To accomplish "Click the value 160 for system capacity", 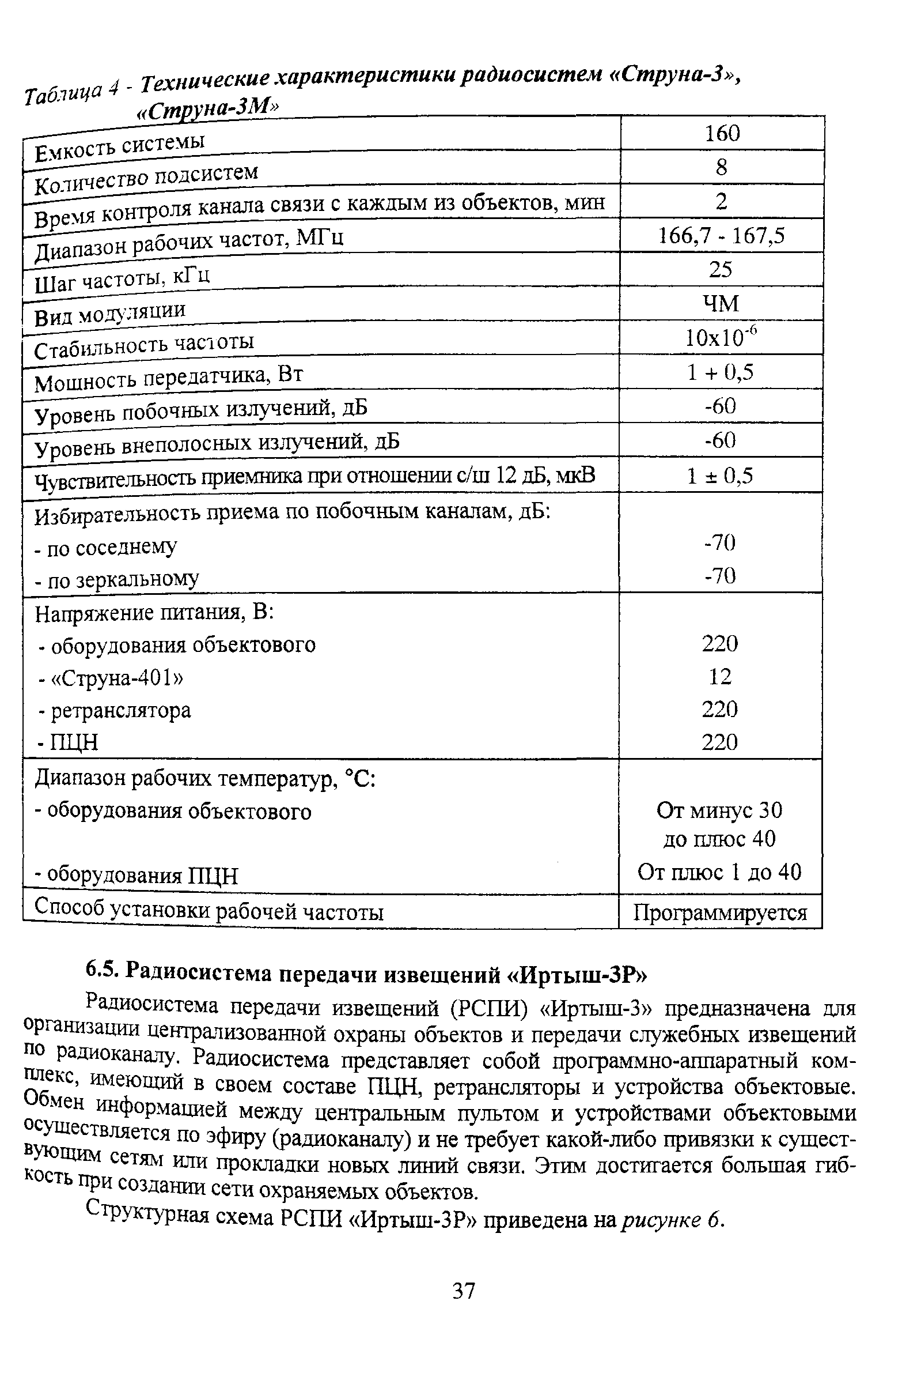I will click(722, 134).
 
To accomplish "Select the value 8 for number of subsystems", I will click(721, 168).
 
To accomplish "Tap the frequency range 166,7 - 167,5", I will click(721, 236).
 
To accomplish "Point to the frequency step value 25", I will click(720, 270).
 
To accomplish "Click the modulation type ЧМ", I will click(720, 304).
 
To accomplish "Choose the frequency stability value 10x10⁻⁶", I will click(722, 337).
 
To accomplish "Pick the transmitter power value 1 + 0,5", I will click(720, 372).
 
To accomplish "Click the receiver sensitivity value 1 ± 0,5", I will click(720, 476).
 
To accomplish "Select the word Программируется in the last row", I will click(720, 912).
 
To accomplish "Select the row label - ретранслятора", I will click(115, 711).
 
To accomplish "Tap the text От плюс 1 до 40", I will click(719, 872).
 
